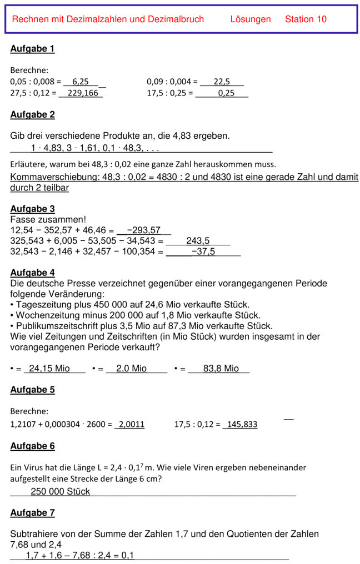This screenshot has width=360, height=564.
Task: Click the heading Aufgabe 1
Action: click(x=32, y=49)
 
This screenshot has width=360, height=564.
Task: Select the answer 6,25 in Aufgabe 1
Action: click(x=81, y=82)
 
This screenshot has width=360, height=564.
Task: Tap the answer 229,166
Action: click(x=82, y=93)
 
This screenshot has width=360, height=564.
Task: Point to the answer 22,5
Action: click(x=221, y=82)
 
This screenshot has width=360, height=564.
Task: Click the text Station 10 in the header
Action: click(x=306, y=19)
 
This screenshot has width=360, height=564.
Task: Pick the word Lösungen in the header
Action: click(x=251, y=19)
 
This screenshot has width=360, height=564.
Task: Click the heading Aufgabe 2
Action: click(x=32, y=115)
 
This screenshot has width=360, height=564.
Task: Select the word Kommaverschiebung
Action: click(x=54, y=177)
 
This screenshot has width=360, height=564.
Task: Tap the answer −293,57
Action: click(x=143, y=230)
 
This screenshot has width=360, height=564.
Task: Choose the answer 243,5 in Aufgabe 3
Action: click(x=198, y=241)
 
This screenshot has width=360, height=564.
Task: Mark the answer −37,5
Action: click(x=203, y=251)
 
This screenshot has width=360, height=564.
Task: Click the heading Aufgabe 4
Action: click(x=32, y=273)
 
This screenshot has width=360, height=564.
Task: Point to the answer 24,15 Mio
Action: click(x=49, y=369)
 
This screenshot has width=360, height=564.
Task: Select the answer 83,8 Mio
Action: click(x=221, y=369)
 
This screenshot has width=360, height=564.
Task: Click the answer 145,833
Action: click(x=242, y=425)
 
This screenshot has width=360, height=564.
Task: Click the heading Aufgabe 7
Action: click(x=32, y=513)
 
